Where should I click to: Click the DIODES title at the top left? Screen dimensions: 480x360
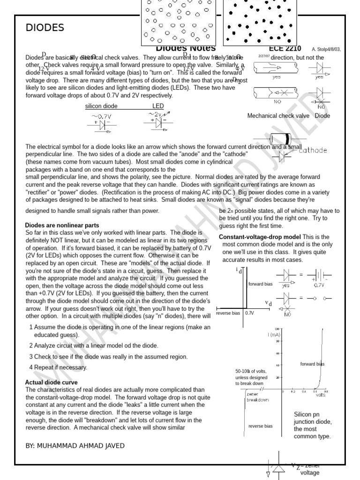(45, 28)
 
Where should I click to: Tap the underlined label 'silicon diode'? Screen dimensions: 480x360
(101, 106)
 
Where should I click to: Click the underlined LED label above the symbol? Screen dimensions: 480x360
(157, 106)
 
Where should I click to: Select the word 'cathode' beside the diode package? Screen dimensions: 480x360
(313, 150)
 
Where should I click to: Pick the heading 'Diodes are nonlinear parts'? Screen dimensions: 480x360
(62, 225)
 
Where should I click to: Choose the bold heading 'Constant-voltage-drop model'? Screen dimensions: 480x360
(260, 237)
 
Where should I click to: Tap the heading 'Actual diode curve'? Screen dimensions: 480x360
(51, 382)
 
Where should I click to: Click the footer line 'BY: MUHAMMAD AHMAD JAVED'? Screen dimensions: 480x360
(75, 446)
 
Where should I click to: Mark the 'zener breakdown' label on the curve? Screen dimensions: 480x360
(257, 397)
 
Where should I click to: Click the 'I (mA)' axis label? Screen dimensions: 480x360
(274, 335)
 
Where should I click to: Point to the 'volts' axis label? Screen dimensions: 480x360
(320, 395)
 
